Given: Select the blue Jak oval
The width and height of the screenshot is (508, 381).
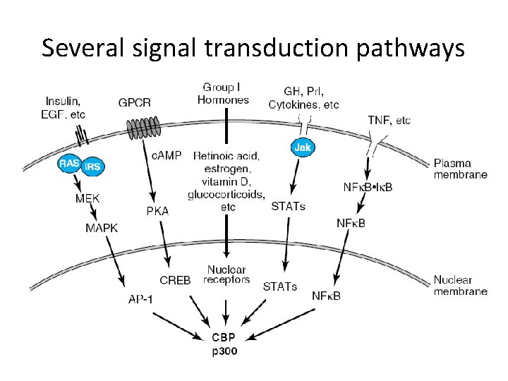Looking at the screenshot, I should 301,147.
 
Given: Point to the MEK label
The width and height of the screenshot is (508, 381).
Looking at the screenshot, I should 87,199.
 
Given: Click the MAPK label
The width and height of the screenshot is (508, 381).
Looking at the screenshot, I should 102,228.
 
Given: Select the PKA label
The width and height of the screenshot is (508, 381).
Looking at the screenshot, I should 157,211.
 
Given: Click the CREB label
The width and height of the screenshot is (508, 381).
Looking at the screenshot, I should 175,280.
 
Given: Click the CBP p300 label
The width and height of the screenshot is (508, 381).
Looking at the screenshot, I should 224,344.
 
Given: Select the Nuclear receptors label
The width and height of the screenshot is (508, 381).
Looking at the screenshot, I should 226,274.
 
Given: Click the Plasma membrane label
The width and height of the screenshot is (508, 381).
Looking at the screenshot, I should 460,169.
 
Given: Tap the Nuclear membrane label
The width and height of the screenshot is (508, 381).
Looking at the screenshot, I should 460,285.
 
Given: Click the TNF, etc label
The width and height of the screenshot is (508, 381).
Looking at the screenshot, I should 389,121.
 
